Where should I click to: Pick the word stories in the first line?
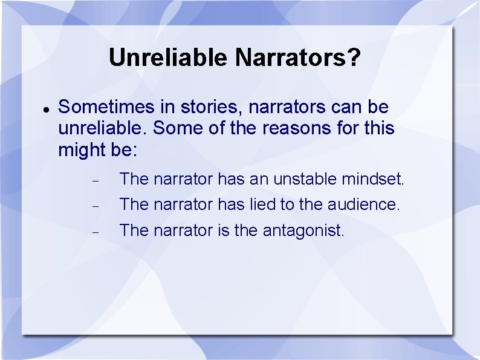194,108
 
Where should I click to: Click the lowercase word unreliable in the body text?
103,129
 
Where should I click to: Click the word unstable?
305,180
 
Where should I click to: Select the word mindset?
373,180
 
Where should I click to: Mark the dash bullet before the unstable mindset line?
94,181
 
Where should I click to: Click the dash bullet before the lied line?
94,206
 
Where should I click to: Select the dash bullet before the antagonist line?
94,232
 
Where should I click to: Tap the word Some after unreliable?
175,129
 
